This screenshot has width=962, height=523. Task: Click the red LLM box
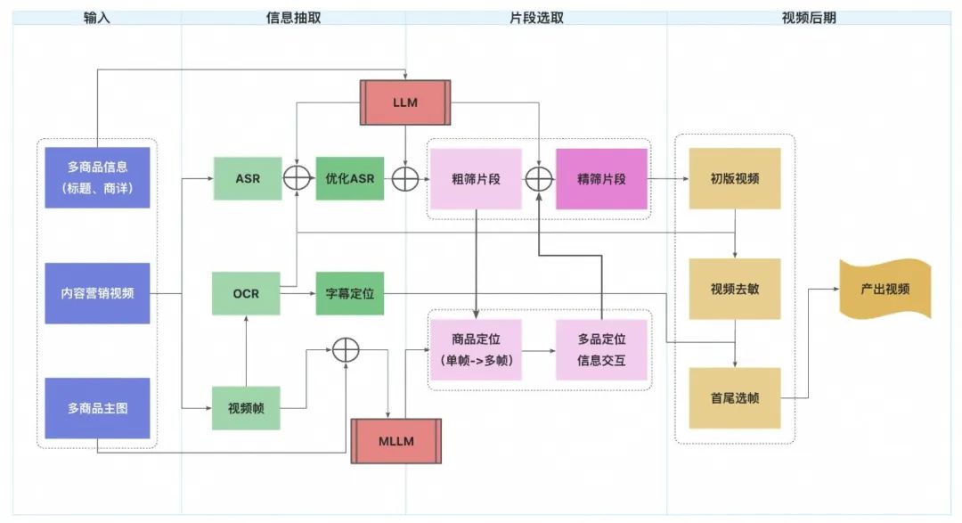[405, 102]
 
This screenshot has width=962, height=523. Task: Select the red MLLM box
[395, 440]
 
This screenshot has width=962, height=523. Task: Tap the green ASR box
[248, 178]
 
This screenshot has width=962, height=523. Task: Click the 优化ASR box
[350, 178]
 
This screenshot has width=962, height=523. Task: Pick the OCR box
[246, 292]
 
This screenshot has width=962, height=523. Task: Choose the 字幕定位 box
[350, 292]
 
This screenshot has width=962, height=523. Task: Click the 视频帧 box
[246, 408]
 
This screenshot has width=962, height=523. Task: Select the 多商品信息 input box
[97, 177]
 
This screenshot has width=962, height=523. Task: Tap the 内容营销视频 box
[97, 292]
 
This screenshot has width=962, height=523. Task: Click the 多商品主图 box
[97, 408]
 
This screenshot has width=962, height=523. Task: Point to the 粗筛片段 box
[476, 178]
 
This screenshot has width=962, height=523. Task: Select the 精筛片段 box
[601, 178]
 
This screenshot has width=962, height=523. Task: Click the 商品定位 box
[476, 349]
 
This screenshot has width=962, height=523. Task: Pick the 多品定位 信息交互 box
[601, 349]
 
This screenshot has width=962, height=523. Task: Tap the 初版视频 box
[735, 178]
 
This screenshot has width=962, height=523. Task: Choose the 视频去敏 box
[735, 289]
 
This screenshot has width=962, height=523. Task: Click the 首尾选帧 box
[735, 398]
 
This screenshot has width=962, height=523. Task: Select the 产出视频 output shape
[885, 290]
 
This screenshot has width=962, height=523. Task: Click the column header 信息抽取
[292, 18]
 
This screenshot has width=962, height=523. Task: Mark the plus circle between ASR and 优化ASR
[297, 178]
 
